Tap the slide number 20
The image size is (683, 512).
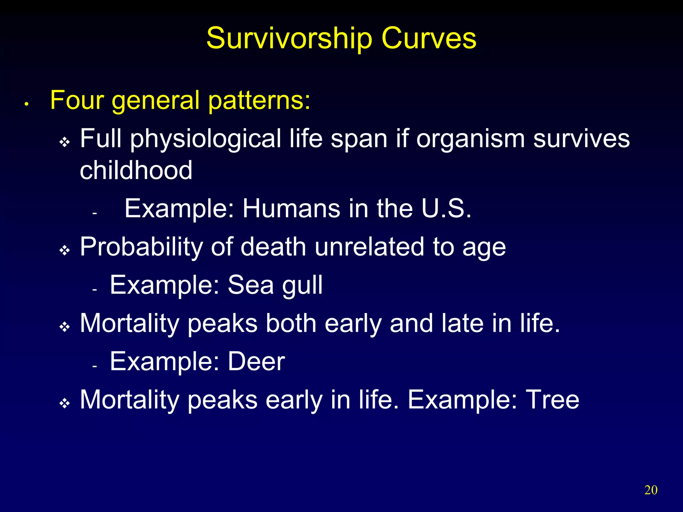click(x=651, y=490)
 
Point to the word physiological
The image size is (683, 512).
click(x=205, y=139)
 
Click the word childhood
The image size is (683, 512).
click(x=136, y=170)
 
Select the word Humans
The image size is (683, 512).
click(x=291, y=209)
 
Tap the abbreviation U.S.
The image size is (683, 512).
click(x=446, y=209)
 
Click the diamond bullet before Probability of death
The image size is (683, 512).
click(x=64, y=250)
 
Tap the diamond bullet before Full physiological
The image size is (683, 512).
click(x=64, y=143)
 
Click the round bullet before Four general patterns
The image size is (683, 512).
click(x=26, y=105)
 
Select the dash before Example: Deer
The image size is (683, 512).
click(x=95, y=366)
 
